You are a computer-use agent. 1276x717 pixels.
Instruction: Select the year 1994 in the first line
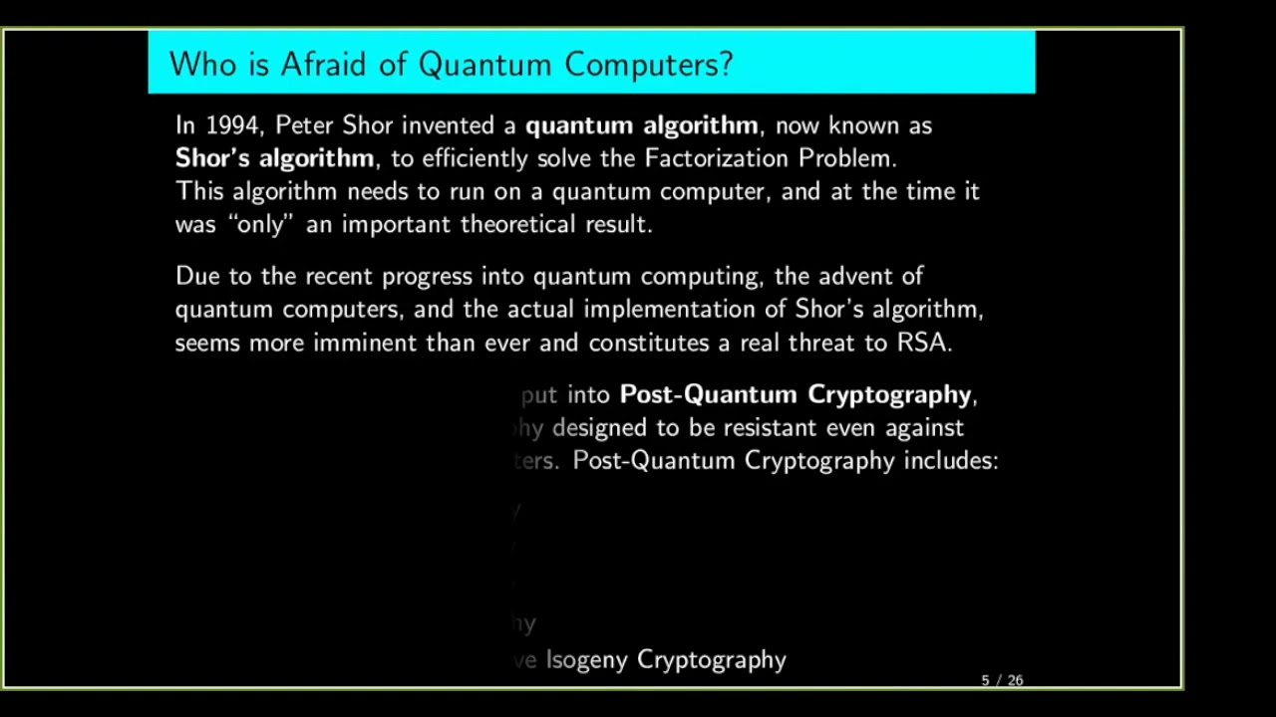click(x=232, y=125)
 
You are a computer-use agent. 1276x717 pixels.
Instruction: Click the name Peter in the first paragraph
click(x=304, y=125)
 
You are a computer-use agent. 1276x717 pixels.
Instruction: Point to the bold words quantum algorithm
click(x=641, y=125)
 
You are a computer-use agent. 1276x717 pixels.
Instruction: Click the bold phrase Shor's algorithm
click(x=274, y=158)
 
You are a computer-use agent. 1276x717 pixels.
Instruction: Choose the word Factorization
click(x=717, y=158)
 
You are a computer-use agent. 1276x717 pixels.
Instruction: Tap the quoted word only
click(x=260, y=224)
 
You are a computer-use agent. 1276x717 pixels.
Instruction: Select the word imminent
click(x=366, y=343)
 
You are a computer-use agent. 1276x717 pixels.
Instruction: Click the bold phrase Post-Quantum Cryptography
click(x=795, y=395)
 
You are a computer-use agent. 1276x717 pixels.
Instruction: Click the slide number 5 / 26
click(x=1002, y=680)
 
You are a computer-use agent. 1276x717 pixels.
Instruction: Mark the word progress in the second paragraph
click(x=428, y=277)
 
